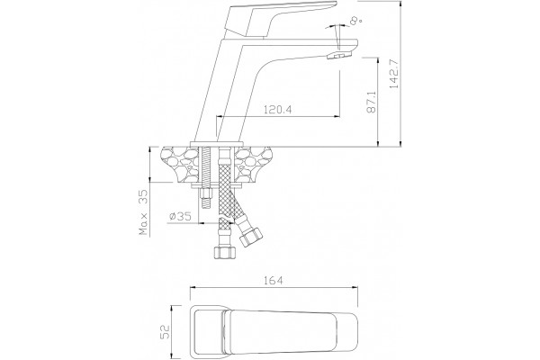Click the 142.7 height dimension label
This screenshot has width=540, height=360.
395,74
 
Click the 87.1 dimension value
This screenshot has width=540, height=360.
371,103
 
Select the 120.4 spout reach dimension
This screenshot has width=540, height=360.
277,110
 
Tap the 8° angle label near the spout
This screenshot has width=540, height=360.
355,21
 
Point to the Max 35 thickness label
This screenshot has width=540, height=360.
144,211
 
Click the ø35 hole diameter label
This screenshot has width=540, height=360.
180,216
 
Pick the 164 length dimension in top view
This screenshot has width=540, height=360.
274,281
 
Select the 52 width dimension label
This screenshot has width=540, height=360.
166,332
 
